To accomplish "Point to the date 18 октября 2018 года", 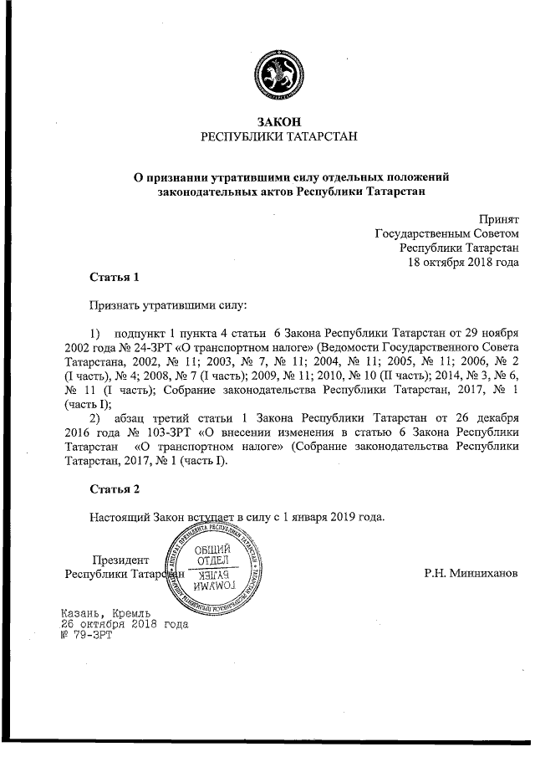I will pyautogui.click(x=462, y=262).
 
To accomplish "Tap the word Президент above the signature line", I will pyautogui.click(x=121, y=559).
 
